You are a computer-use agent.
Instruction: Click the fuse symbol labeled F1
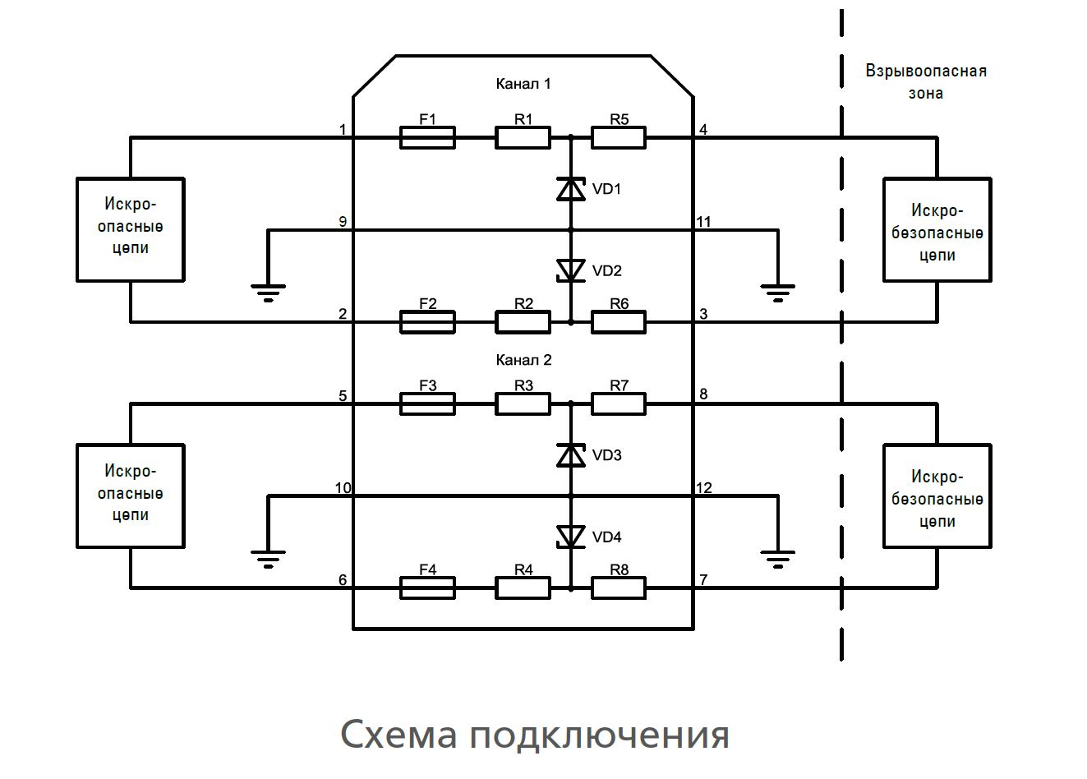(427, 137)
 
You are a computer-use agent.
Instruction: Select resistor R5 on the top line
(619, 137)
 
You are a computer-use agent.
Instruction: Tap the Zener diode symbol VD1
(571, 189)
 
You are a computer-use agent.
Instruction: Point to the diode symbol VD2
(571, 270)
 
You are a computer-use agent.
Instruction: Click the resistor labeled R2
(523, 321)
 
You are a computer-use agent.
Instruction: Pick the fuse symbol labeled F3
(427, 403)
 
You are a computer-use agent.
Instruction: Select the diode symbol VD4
(571, 537)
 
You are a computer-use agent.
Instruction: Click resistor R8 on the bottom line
(619, 588)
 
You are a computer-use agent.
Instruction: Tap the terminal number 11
(703, 222)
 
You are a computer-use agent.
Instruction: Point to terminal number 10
(343, 488)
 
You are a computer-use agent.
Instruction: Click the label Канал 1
(523, 84)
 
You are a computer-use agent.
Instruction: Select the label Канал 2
(523, 360)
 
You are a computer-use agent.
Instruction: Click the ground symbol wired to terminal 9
(268, 292)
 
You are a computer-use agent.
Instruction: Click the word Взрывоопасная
(926, 71)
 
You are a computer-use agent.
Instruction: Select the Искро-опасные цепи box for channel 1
(131, 229)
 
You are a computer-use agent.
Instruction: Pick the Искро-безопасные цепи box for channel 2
(937, 496)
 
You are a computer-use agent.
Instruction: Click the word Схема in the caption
(398, 734)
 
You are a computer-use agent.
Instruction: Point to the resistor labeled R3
(523, 403)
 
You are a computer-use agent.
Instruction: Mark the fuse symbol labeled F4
(427, 588)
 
